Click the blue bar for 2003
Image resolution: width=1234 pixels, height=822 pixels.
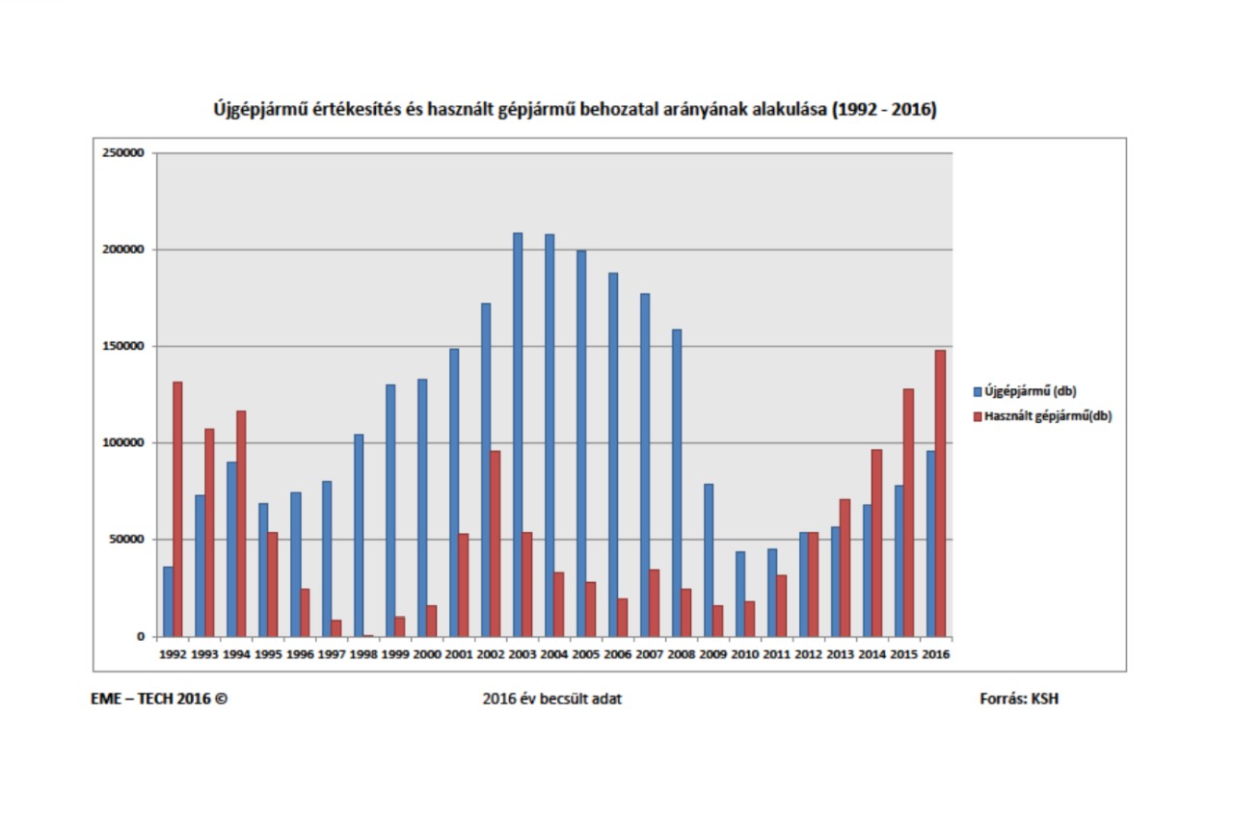click(518, 434)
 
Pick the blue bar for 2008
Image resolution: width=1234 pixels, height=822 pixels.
click(677, 482)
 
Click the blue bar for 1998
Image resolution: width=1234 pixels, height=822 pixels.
click(359, 535)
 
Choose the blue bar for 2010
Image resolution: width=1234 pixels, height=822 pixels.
click(740, 594)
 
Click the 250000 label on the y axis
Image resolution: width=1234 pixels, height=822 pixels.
click(123, 153)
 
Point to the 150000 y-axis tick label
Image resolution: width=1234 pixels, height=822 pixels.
click(123, 346)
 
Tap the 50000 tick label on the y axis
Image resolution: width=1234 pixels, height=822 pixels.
click(126, 540)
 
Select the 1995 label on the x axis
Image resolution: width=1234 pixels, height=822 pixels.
click(269, 653)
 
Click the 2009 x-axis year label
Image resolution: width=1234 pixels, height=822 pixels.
click(713, 653)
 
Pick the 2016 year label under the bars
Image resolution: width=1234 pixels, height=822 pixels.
click(936, 653)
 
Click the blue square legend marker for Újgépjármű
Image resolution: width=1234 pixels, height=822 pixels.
click(977, 391)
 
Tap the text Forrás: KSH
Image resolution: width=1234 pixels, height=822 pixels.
click(1019, 699)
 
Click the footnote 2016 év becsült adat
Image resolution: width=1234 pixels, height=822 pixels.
click(551, 699)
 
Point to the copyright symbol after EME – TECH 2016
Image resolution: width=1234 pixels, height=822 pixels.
click(222, 699)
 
